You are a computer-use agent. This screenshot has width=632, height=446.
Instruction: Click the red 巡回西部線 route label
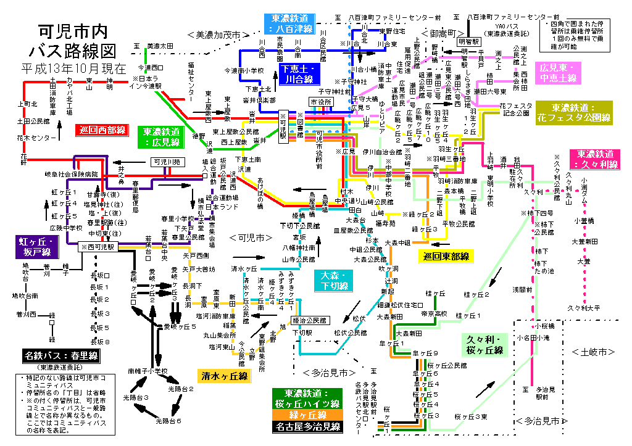[102, 131]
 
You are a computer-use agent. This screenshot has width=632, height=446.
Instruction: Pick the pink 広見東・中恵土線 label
[558, 72]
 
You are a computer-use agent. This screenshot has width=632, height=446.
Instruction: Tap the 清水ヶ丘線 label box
[224, 376]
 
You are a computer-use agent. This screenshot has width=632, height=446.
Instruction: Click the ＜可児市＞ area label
[251, 237]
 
